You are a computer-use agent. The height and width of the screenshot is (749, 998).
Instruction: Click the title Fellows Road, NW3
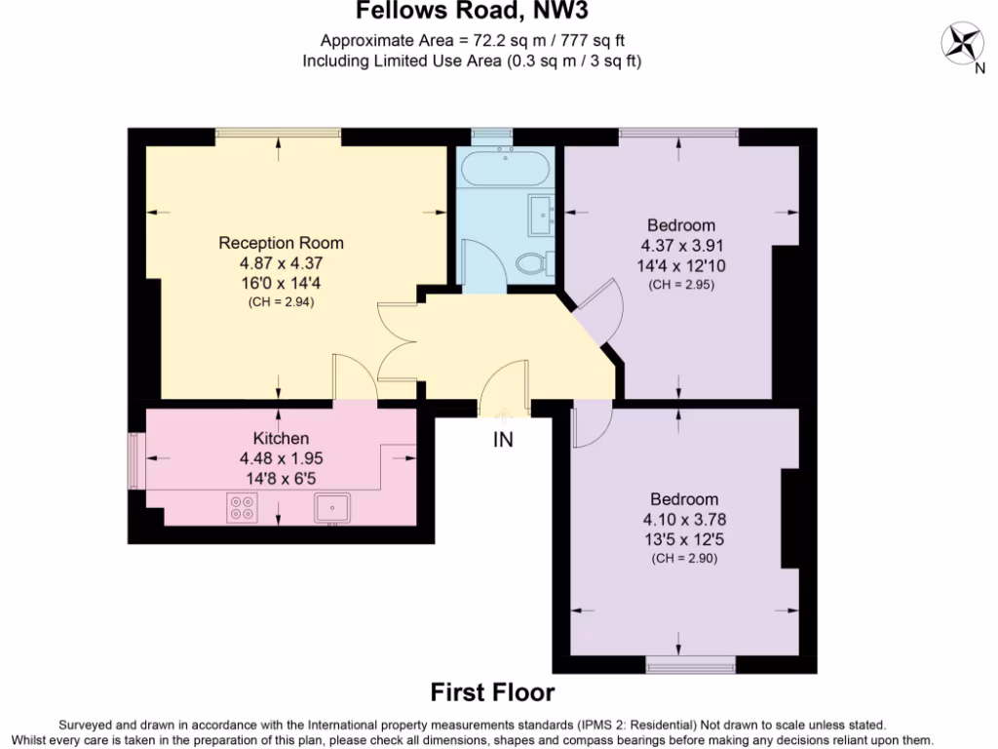pos(472,12)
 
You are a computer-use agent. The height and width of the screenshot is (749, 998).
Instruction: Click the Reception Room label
pos(281,243)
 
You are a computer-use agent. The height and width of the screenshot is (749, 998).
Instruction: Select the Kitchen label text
pos(281,438)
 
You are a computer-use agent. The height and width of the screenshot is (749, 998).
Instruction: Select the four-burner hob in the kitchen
pos(241,507)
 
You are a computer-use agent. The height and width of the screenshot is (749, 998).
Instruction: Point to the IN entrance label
pos(502,440)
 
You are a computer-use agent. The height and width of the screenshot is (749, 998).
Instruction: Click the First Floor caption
pos(492,692)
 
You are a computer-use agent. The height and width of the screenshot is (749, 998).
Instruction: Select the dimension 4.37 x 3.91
pos(681,246)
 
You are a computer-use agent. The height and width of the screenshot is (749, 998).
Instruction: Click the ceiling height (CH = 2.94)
pos(281,302)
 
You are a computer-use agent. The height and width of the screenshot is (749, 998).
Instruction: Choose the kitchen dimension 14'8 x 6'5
pos(281,478)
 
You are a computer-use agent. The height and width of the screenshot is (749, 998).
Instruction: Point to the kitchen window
pos(136,457)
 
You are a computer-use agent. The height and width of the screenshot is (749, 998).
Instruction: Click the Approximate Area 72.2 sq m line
pos(472,41)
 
